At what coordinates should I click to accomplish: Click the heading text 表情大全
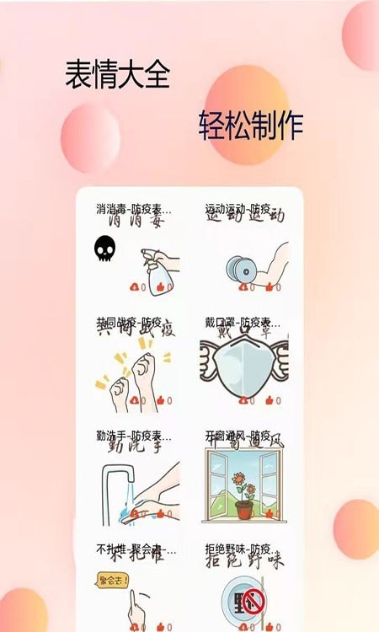click(x=117, y=75)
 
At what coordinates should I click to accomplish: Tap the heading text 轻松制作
click(x=250, y=126)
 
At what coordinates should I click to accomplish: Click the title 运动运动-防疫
click(x=238, y=207)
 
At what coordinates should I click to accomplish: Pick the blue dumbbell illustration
click(x=239, y=268)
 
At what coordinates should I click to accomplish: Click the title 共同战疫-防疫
click(x=128, y=321)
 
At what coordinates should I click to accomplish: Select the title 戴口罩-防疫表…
click(x=243, y=321)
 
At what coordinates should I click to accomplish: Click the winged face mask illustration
click(x=243, y=367)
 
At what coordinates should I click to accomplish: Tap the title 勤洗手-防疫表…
click(x=133, y=435)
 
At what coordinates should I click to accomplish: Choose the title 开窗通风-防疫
click(x=238, y=435)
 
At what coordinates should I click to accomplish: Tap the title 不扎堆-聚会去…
click(x=136, y=549)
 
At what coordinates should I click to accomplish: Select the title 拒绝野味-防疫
click(x=238, y=549)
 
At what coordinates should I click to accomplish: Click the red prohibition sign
click(x=253, y=603)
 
